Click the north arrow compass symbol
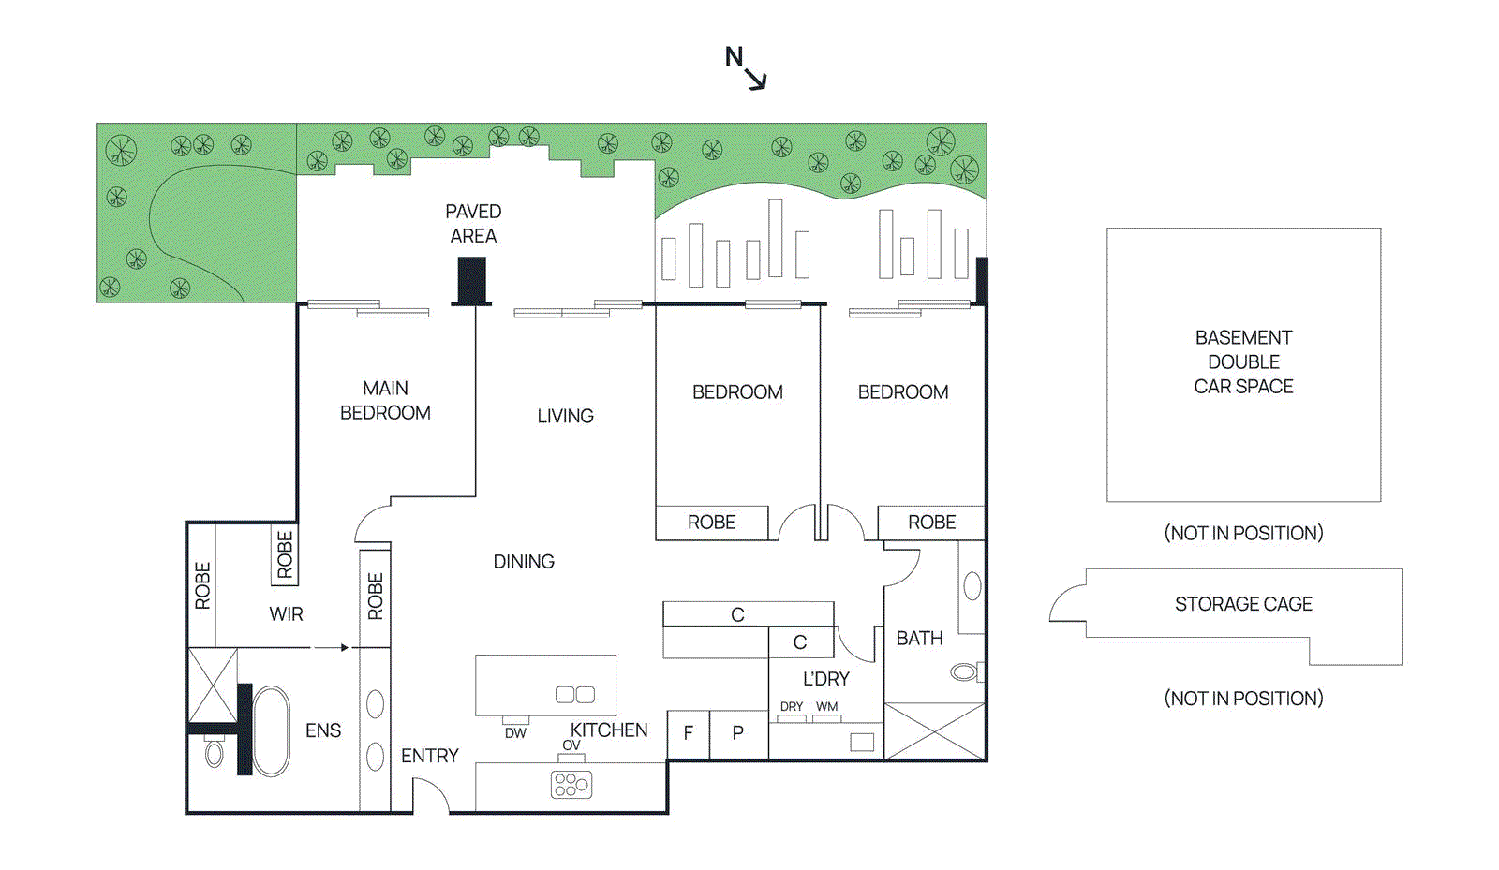click(747, 68)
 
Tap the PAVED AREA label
click(473, 224)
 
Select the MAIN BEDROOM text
click(385, 400)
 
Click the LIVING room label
click(565, 416)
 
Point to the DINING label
click(524, 562)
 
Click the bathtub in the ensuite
click(272, 731)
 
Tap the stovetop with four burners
click(571, 784)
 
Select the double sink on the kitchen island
click(575, 694)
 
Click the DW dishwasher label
click(515, 733)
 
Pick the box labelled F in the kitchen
click(689, 734)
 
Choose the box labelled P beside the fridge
click(738, 734)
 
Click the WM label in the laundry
click(826, 707)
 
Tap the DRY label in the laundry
click(792, 707)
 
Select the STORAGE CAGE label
click(1243, 604)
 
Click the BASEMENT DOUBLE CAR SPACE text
click(1243, 361)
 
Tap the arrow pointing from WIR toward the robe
click(330, 647)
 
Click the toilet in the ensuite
click(215, 753)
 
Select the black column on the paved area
click(471, 280)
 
